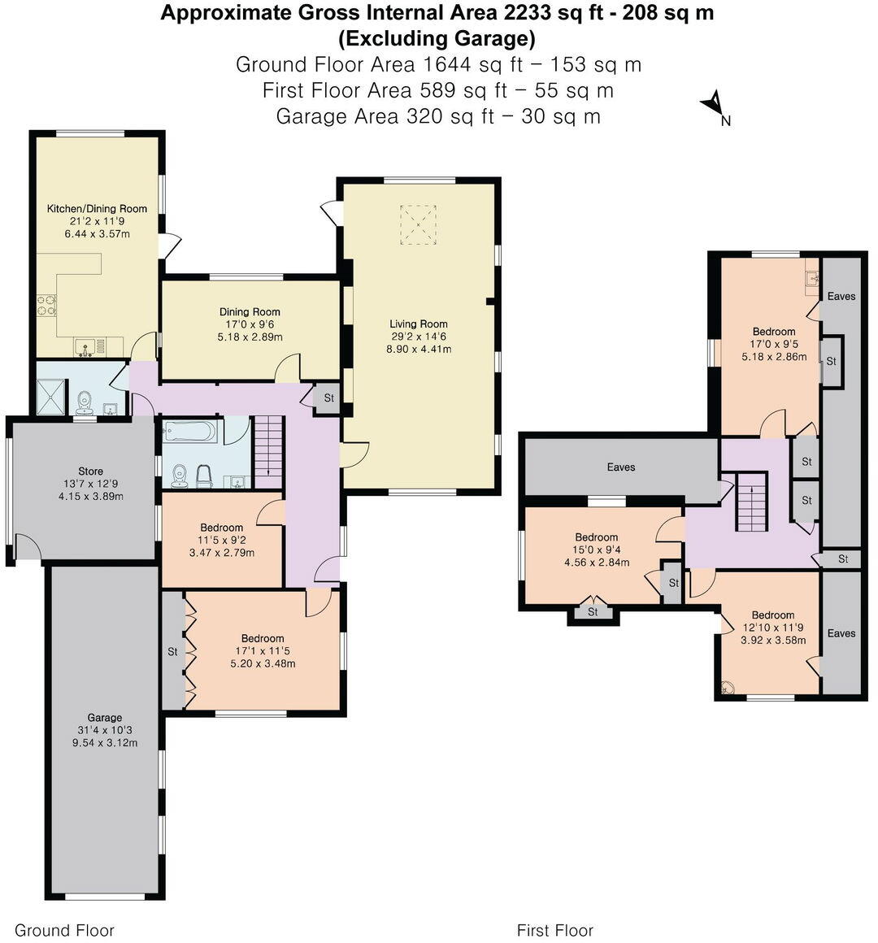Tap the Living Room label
[x=418, y=324]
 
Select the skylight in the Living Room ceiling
[x=418, y=224]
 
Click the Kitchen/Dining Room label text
[x=97, y=209]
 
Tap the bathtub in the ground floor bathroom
[x=190, y=430]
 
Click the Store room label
[x=90, y=471]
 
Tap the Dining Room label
[x=250, y=312]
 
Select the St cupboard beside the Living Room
[x=328, y=398]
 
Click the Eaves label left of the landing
[x=621, y=467]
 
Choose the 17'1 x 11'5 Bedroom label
[x=262, y=639]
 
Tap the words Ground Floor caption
[x=65, y=930]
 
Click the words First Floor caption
[x=555, y=930]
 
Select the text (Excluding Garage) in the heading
[x=437, y=38]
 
